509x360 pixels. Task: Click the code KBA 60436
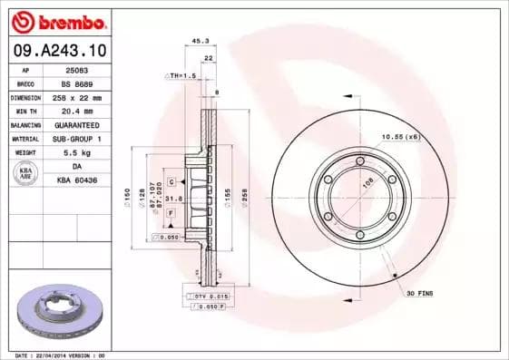[x=76, y=181]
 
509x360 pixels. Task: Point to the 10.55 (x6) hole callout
[x=400, y=136]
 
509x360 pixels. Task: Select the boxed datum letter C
[x=171, y=182]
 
